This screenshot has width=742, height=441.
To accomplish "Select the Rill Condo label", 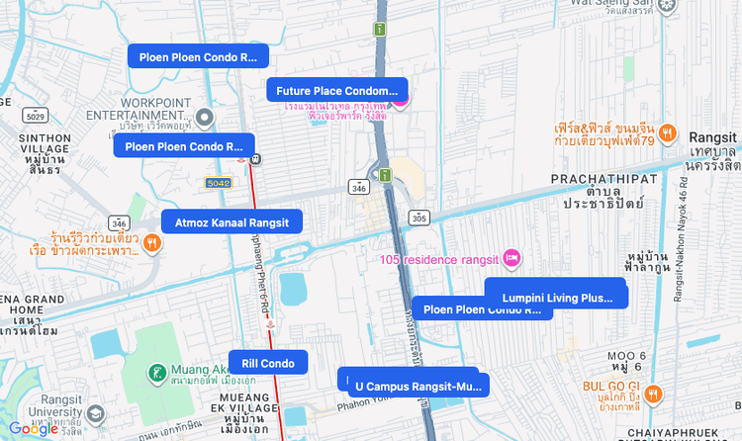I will (x=268, y=363).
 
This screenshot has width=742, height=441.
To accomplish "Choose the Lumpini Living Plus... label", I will (x=557, y=298).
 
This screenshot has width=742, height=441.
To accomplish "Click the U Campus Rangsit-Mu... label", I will (x=418, y=385).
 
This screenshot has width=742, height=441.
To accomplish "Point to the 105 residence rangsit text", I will (x=438, y=259).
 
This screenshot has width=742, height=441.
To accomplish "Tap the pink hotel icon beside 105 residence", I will (x=512, y=258).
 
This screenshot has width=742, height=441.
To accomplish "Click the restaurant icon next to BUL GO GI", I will (x=653, y=393).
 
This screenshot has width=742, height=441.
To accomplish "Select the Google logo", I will (x=33, y=428).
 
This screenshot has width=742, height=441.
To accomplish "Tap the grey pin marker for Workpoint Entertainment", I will (x=205, y=119).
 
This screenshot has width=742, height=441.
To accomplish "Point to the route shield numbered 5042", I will (x=218, y=184).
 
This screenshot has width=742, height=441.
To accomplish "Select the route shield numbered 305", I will (x=419, y=218).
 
